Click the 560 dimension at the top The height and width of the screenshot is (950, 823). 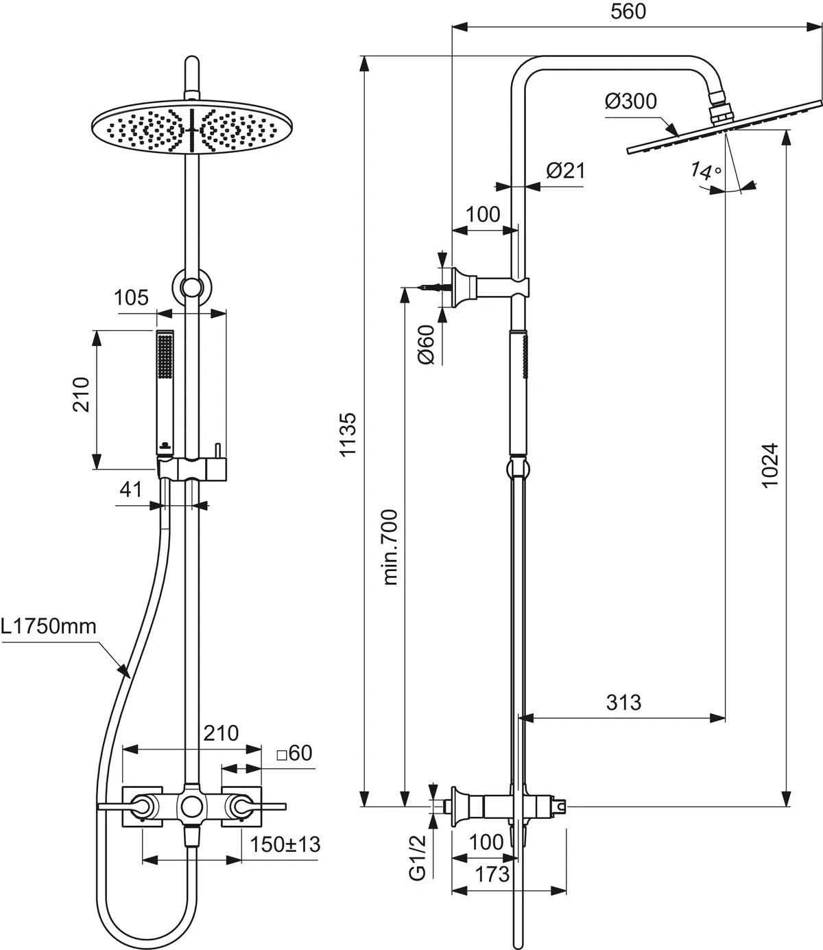click(628, 12)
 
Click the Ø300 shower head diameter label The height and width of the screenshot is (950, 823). click(630, 102)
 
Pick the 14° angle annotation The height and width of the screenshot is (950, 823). click(706, 172)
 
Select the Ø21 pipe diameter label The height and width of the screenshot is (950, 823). click(566, 170)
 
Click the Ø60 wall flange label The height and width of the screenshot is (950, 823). click(426, 345)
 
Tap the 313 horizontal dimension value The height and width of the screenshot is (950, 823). click(623, 702)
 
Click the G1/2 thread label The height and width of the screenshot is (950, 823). click(418, 857)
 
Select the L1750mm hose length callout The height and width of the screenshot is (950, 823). click(48, 626)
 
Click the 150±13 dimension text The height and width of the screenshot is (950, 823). click(285, 844)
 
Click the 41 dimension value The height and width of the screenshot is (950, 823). click(130, 489)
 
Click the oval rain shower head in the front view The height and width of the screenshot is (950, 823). click(193, 128)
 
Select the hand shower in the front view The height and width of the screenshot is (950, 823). click(165, 391)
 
